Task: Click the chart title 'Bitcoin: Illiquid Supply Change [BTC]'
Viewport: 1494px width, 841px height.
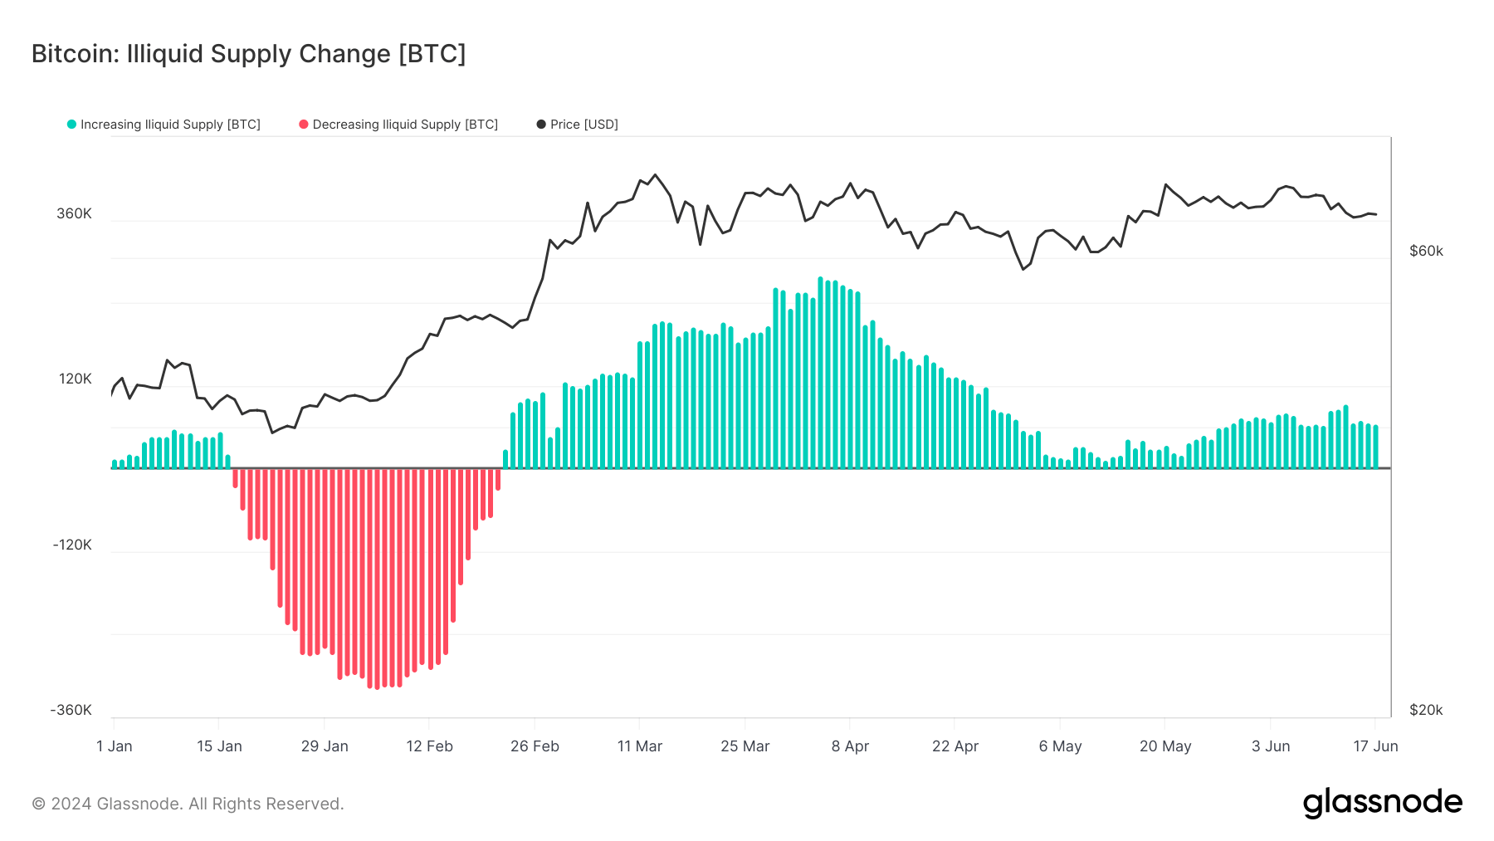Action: [x=248, y=54]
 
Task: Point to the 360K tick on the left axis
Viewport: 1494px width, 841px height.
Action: [x=74, y=213]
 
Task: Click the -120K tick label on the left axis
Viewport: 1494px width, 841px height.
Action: [x=72, y=545]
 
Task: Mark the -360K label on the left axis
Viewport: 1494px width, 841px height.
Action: [x=71, y=710]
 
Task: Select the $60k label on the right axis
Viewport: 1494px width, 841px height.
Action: [x=1426, y=251]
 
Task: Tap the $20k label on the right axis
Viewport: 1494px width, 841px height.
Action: [x=1426, y=710]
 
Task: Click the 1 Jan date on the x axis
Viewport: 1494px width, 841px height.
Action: [x=115, y=746]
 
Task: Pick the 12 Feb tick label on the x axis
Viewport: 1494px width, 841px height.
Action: [x=429, y=746]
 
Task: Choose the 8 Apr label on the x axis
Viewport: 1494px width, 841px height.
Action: [x=850, y=746]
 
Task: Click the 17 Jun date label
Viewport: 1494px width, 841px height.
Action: [x=1375, y=746]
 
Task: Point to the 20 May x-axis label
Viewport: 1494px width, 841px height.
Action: [x=1165, y=746]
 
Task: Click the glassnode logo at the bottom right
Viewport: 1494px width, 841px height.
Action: [x=1382, y=803]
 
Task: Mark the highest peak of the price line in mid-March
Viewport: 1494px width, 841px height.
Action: [x=655, y=175]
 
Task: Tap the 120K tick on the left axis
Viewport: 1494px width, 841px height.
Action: [x=75, y=379]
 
